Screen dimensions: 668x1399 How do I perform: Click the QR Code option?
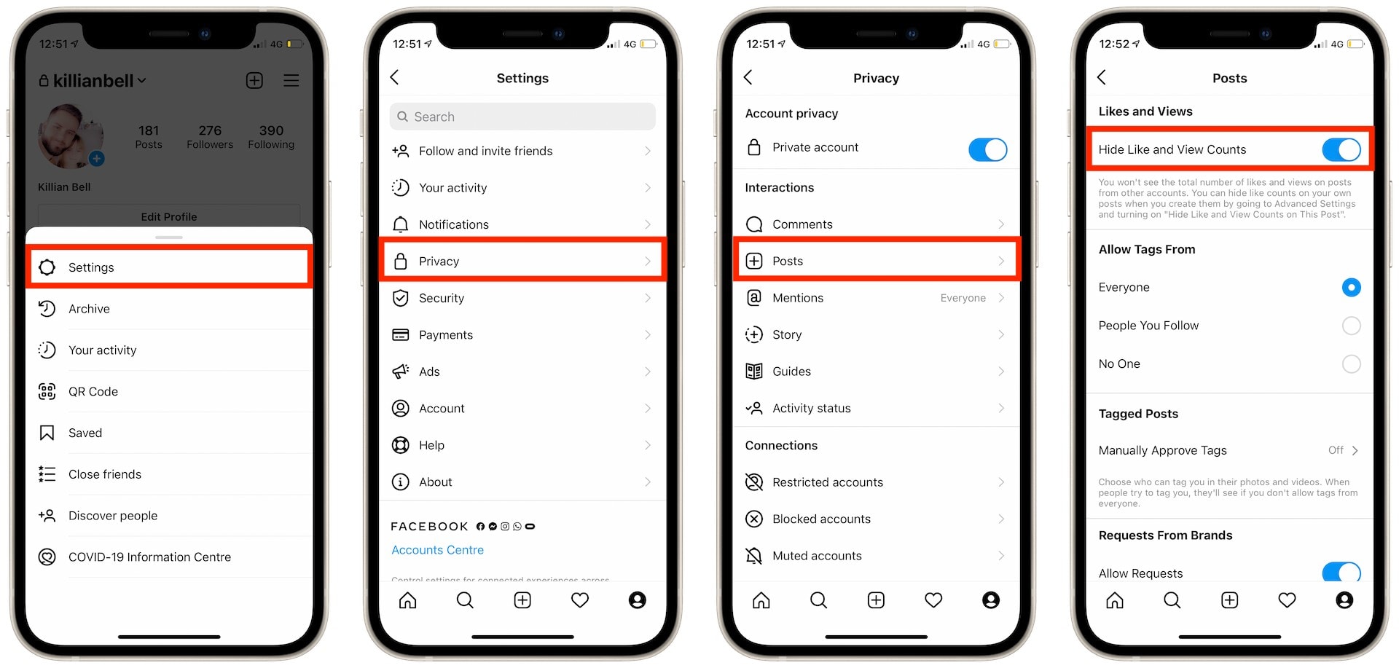point(93,391)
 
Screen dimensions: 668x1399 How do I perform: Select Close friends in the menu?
point(104,474)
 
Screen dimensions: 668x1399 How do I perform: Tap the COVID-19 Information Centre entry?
point(149,557)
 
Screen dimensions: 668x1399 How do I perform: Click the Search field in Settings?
point(522,117)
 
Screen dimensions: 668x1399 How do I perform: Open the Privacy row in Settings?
point(522,261)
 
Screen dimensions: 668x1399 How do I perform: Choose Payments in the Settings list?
point(446,335)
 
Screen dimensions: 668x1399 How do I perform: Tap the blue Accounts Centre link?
point(437,550)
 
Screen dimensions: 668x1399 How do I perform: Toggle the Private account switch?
point(987,149)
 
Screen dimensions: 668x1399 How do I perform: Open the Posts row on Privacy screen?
point(876,261)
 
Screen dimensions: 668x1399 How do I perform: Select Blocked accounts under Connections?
point(821,519)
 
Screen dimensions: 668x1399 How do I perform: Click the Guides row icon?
point(754,372)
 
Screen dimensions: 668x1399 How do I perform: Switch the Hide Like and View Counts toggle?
point(1341,149)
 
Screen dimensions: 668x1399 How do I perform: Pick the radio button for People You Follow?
point(1351,326)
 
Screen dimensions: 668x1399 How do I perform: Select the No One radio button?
point(1351,364)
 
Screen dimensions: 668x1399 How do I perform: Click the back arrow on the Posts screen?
point(1102,77)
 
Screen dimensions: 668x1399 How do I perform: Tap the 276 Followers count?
point(210,136)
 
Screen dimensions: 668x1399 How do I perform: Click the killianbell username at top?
point(93,81)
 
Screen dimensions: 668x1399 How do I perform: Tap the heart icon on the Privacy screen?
point(933,600)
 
